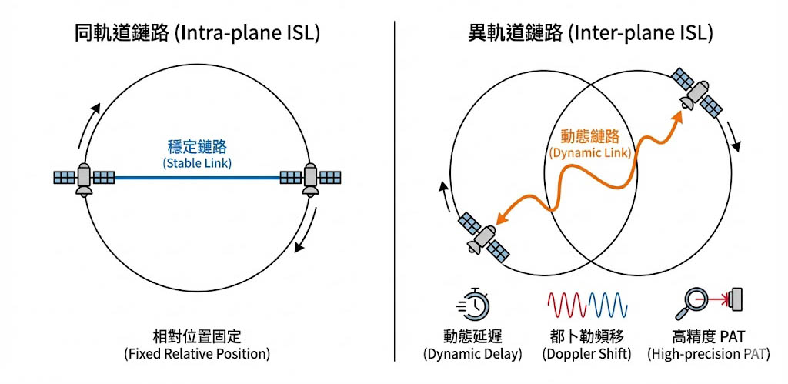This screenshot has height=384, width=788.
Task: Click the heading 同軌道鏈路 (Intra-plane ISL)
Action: (197, 33)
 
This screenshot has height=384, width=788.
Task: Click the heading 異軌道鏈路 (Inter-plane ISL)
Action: (590, 33)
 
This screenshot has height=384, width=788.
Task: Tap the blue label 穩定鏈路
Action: (197, 146)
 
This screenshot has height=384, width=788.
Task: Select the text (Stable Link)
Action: (197, 163)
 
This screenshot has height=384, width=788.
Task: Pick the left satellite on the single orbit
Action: (84, 179)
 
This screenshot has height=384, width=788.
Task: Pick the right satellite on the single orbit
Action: (310, 179)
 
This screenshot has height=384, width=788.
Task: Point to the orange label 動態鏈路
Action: (590, 136)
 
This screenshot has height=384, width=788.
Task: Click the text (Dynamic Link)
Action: (590, 153)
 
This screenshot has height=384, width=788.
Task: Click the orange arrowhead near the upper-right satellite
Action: (676, 115)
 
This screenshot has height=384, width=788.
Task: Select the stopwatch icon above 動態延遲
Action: (472, 305)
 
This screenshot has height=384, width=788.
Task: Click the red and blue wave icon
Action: (587, 305)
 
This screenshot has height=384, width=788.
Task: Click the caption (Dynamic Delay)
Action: (472, 354)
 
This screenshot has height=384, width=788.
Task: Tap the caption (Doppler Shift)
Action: (587, 354)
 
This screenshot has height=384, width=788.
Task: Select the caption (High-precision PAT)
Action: (707, 354)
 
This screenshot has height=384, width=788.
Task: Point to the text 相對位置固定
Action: (197, 337)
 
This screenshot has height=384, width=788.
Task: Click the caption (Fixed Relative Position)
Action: (197, 354)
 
